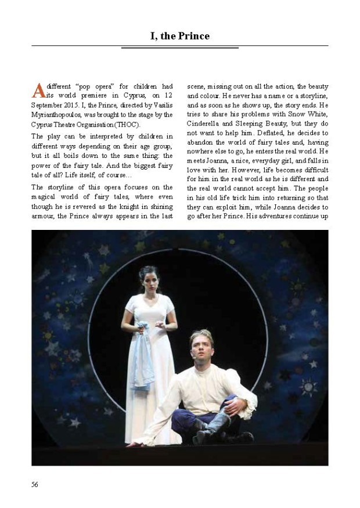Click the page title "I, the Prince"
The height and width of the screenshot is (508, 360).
(179, 36)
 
